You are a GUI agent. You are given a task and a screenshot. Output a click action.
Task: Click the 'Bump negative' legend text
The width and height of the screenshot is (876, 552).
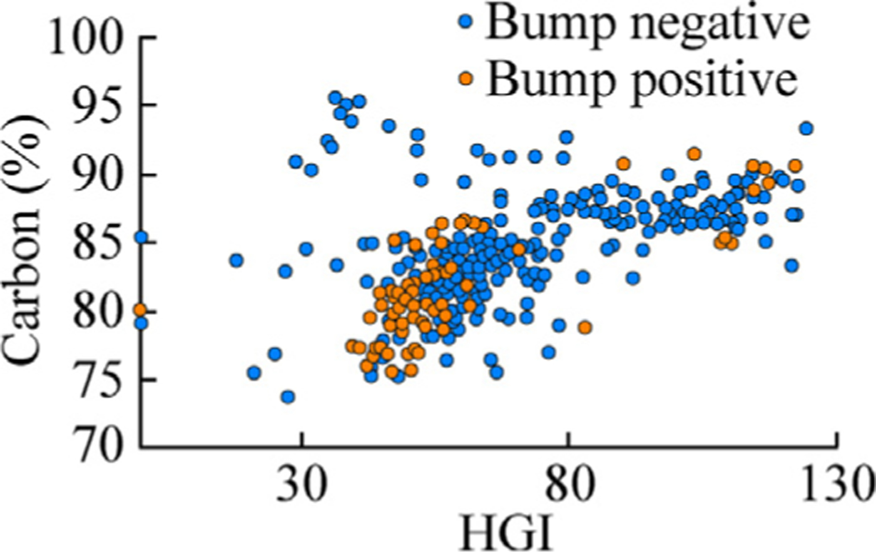coord(648,23)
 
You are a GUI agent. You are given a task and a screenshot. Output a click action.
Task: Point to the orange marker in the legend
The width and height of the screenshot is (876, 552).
coord(464,79)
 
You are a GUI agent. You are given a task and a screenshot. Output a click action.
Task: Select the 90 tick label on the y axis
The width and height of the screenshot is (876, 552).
coord(101,175)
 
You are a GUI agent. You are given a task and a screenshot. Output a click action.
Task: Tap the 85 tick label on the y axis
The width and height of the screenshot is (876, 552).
coord(101,243)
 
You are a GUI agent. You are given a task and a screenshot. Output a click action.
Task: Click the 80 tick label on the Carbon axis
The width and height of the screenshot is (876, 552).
coord(101,311)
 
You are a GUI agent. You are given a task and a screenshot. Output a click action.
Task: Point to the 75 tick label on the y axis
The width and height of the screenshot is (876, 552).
coord(101,379)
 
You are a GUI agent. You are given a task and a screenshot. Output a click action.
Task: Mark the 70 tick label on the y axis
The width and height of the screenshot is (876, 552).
coord(101,448)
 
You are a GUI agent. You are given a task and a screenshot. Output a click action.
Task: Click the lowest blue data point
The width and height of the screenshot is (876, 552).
coord(288,396)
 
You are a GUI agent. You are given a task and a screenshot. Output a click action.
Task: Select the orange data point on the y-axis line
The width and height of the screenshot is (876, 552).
coord(140,309)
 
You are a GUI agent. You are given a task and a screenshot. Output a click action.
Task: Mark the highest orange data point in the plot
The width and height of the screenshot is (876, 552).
coord(693,154)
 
